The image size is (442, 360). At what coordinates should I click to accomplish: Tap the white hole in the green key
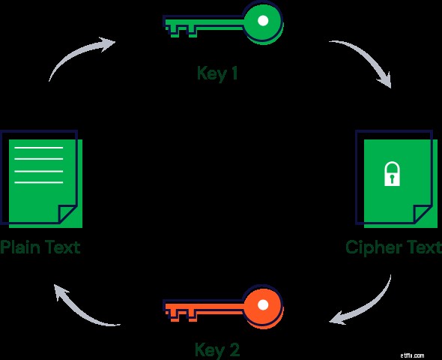click(263, 20)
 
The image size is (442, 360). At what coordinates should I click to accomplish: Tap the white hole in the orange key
click(263, 304)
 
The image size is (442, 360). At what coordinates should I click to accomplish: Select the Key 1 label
click(217, 73)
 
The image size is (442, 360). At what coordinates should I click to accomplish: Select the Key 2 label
click(217, 349)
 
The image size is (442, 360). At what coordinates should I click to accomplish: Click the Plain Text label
click(40, 247)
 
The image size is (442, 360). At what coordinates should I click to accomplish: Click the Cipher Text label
click(394, 247)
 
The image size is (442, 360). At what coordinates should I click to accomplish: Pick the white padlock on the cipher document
click(392, 173)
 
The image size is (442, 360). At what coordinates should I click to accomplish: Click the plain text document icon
click(41, 178)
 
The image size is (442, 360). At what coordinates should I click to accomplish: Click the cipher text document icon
click(396, 178)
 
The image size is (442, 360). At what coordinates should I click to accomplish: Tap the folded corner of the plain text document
click(67, 214)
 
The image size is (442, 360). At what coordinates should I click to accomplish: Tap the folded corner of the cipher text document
click(423, 214)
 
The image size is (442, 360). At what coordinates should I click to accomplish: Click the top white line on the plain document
click(39, 148)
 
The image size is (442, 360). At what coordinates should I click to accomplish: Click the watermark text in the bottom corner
click(412, 355)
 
